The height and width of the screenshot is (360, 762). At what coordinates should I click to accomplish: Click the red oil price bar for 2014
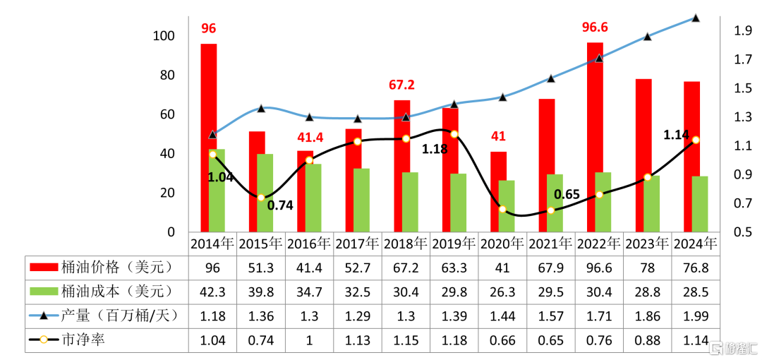[x=208, y=138]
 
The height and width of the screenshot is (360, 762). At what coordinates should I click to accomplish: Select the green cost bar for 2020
[x=507, y=206]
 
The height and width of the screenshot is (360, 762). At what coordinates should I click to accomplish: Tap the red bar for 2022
[x=595, y=137]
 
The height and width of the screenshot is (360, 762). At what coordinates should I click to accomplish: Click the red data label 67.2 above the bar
[x=402, y=85]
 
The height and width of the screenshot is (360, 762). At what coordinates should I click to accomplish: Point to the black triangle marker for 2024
[x=696, y=18]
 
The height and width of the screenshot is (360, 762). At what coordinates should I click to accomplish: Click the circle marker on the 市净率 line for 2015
[x=261, y=198]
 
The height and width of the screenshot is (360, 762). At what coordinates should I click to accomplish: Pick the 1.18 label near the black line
[x=434, y=149]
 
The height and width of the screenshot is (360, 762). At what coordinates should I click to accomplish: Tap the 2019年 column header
[x=455, y=243]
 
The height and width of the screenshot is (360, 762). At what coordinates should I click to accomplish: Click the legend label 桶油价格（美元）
[x=116, y=267]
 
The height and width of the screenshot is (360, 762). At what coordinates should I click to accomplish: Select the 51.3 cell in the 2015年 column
[x=262, y=267]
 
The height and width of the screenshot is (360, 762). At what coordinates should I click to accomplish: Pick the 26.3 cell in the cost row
[x=503, y=292]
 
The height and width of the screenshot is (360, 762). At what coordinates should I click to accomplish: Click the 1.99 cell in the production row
[x=696, y=316]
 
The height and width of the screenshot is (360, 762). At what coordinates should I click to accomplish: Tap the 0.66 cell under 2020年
[x=503, y=339]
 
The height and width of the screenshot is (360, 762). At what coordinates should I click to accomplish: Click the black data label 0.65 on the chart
[x=567, y=195]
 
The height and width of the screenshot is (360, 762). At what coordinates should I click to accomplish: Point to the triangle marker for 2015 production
[x=261, y=108]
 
